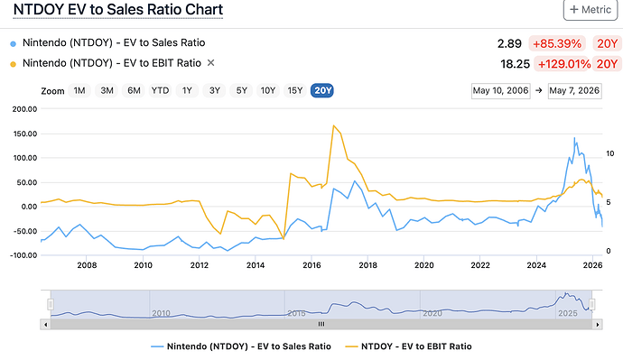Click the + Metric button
pyautogui.click(x=590, y=10)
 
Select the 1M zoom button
pyautogui.click(x=79, y=91)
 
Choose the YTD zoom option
pyautogui.click(x=160, y=91)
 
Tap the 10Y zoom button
pyautogui.click(x=268, y=91)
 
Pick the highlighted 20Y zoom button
pyautogui.click(x=322, y=91)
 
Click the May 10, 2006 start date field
pyautogui.click(x=500, y=91)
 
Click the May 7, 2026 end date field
pyautogui.click(x=574, y=91)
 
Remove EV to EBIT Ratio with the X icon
pyautogui.click(x=211, y=63)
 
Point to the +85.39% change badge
pyautogui.click(x=557, y=43)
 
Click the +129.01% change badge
pyautogui.click(x=563, y=64)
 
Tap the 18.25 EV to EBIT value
pyautogui.click(x=515, y=64)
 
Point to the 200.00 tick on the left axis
pyautogui.click(x=24, y=109)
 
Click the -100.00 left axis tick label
pyautogui.click(x=23, y=255)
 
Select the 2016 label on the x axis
pyautogui.click(x=311, y=265)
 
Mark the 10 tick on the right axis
pyautogui.click(x=610, y=153)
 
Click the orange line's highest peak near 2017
pyautogui.click(x=334, y=125)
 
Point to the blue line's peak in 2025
pyautogui.click(x=574, y=138)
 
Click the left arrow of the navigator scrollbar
pyautogui.click(x=46, y=324)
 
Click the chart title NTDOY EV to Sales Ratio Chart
pyautogui.click(x=118, y=10)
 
